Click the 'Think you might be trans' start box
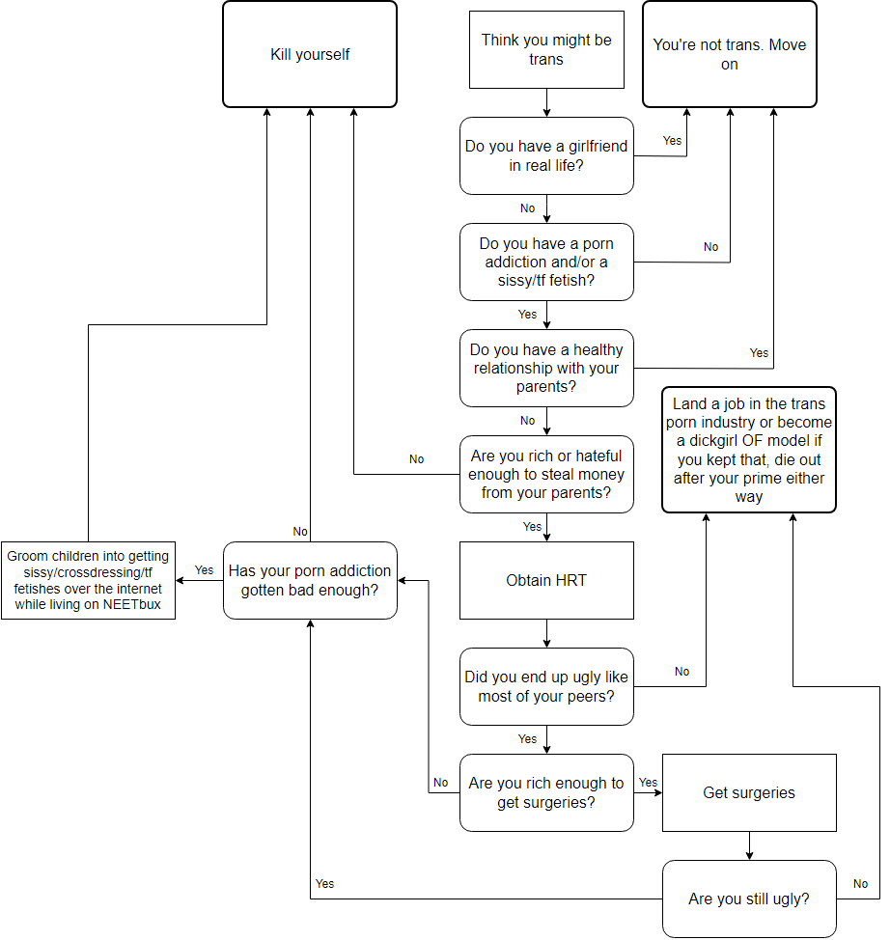point(546,50)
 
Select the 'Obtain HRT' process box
point(546,580)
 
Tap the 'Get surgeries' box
point(749,792)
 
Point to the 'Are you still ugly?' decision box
point(749,899)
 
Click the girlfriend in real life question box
point(546,155)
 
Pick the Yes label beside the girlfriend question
point(672,141)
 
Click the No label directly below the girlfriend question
point(527,208)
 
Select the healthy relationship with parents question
point(546,368)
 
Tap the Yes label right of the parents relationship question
point(760,353)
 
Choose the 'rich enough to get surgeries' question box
point(546,792)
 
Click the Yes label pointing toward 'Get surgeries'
point(648,783)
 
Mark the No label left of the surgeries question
point(441,783)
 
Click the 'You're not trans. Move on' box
point(730,54)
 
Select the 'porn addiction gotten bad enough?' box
point(310,580)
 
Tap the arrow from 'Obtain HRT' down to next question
point(547,633)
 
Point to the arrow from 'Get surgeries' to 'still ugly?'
point(749,845)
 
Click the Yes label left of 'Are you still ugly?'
point(324,884)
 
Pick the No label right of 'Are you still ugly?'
point(861,884)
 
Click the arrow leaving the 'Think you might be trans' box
point(547,102)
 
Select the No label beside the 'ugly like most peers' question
point(682,672)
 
